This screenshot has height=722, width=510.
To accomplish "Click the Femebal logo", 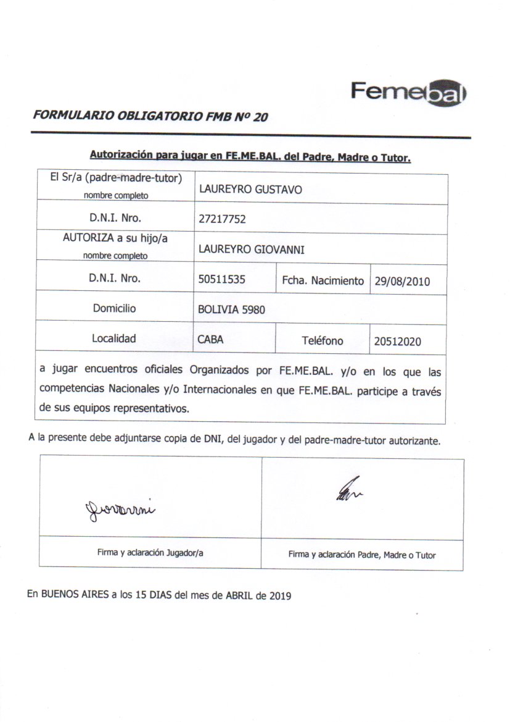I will tap(409, 93).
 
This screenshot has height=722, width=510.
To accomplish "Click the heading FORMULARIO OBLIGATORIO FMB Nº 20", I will tap(150, 116).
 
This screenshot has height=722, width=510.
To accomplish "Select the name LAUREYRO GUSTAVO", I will tap(250, 190).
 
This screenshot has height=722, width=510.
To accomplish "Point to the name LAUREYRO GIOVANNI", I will tap(252, 249).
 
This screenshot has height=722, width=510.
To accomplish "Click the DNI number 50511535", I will tap(222, 279).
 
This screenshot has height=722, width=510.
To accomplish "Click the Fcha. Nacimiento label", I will tap(323, 280).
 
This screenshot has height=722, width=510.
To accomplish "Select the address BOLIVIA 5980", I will tap(231, 310).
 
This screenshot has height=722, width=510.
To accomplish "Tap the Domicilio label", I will tap(114, 308).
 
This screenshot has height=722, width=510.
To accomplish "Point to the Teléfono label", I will tap(323, 340).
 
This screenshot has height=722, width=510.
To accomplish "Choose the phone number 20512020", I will tap(398, 341).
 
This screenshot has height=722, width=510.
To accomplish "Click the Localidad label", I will tap(114, 338).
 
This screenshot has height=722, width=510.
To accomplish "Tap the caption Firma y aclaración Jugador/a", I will tap(150, 553).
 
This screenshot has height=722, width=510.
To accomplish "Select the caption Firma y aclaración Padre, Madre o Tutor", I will tap(362, 555).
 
